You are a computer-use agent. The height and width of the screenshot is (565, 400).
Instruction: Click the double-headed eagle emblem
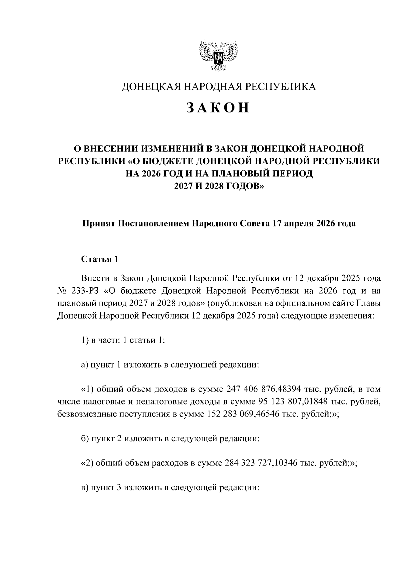218,55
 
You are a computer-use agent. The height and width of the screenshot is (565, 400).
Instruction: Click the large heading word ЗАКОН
218,107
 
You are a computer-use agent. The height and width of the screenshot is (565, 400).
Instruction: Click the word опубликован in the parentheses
236,303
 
